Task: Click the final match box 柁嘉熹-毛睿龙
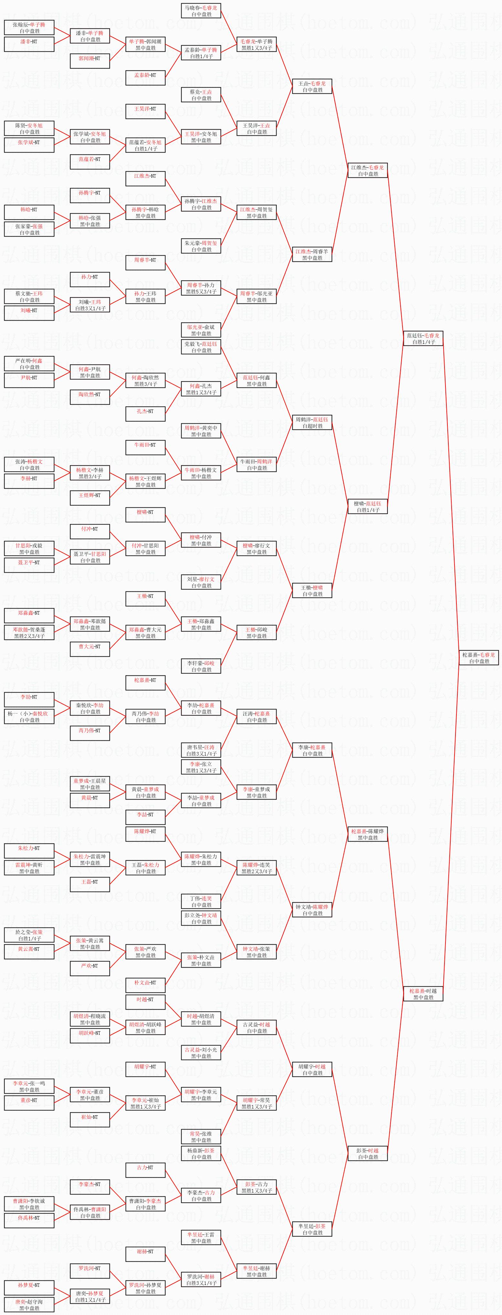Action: (x=478, y=657)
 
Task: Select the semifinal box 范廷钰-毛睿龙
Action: (x=423, y=338)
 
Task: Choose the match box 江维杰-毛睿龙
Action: (x=367, y=171)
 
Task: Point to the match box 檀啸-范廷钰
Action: (x=367, y=506)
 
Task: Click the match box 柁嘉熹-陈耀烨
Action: (x=367, y=834)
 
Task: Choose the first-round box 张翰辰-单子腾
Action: (x=29, y=27)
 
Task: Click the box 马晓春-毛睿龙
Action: (x=201, y=11)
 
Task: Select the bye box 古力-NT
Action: (x=145, y=1170)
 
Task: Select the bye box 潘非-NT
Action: (x=29, y=44)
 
